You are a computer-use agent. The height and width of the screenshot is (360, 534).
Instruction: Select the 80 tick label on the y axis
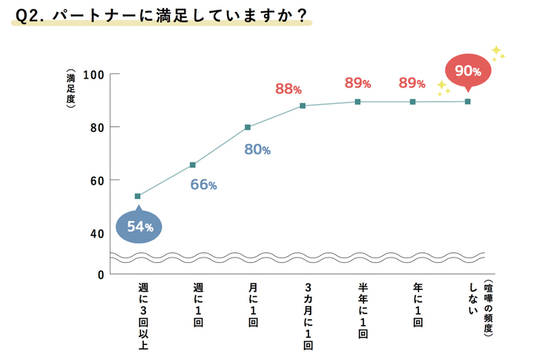click(x=94, y=127)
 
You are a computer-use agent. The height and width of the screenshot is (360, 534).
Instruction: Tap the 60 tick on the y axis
click(x=94, y=180)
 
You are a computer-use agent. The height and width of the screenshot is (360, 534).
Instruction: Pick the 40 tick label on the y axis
click(x=94, y=233)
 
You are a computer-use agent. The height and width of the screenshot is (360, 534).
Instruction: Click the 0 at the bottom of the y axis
click(x=99, y=275)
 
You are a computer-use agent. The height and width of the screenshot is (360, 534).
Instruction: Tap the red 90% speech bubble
click(x=468, y=71)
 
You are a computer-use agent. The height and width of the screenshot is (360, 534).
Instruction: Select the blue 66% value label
click(x=203, y=185)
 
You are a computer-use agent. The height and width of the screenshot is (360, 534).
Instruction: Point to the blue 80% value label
click(x=257, y=150)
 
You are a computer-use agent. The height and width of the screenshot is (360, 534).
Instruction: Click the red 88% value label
click(x=288, y=89)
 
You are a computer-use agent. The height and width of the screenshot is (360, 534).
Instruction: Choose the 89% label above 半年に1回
click(x=357, y=83)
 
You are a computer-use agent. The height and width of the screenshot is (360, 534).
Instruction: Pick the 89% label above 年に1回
click(x=412, y=83)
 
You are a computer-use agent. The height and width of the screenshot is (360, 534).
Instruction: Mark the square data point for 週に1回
click(x=193, y=165)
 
